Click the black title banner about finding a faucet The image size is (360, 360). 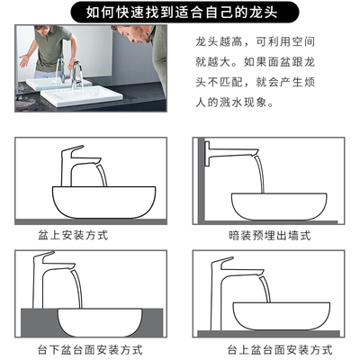pos(184,12)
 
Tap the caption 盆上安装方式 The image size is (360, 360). pos(73,235)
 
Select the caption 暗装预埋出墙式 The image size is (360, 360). pos(269,236)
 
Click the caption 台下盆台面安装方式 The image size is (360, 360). pos(90,350)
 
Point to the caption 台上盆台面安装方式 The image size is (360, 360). pos(280,350)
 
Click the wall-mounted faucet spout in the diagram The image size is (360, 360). pos(231,152)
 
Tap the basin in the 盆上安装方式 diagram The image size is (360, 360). pos(104,202)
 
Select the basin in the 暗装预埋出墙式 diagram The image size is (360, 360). pos(279,207)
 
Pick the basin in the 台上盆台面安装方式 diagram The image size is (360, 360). pos(282,317)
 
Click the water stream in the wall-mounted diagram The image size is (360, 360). pos(259,174)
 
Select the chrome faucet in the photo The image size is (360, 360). pos(76,75)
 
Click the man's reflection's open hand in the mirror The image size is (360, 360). pos(24,60)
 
